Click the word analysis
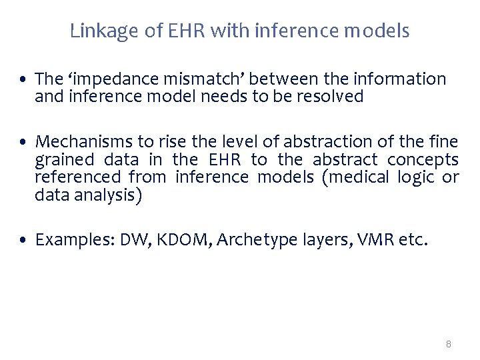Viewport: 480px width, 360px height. [105, 195]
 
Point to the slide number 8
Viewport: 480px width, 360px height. [448, 344]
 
